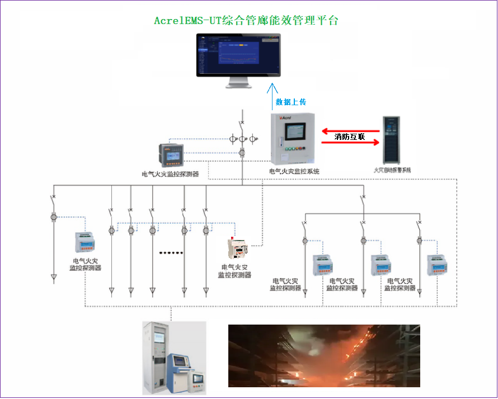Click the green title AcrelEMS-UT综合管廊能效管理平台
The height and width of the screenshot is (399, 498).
tap(246, 21)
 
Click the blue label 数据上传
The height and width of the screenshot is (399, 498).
tap(290, 102)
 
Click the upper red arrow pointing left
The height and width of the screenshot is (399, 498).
tap(350, 131)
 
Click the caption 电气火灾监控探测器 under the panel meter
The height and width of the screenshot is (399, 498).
tap(171, 174)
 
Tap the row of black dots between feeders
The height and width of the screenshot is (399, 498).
tap(171, 253)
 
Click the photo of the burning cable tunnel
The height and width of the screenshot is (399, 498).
tap(324, 356)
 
